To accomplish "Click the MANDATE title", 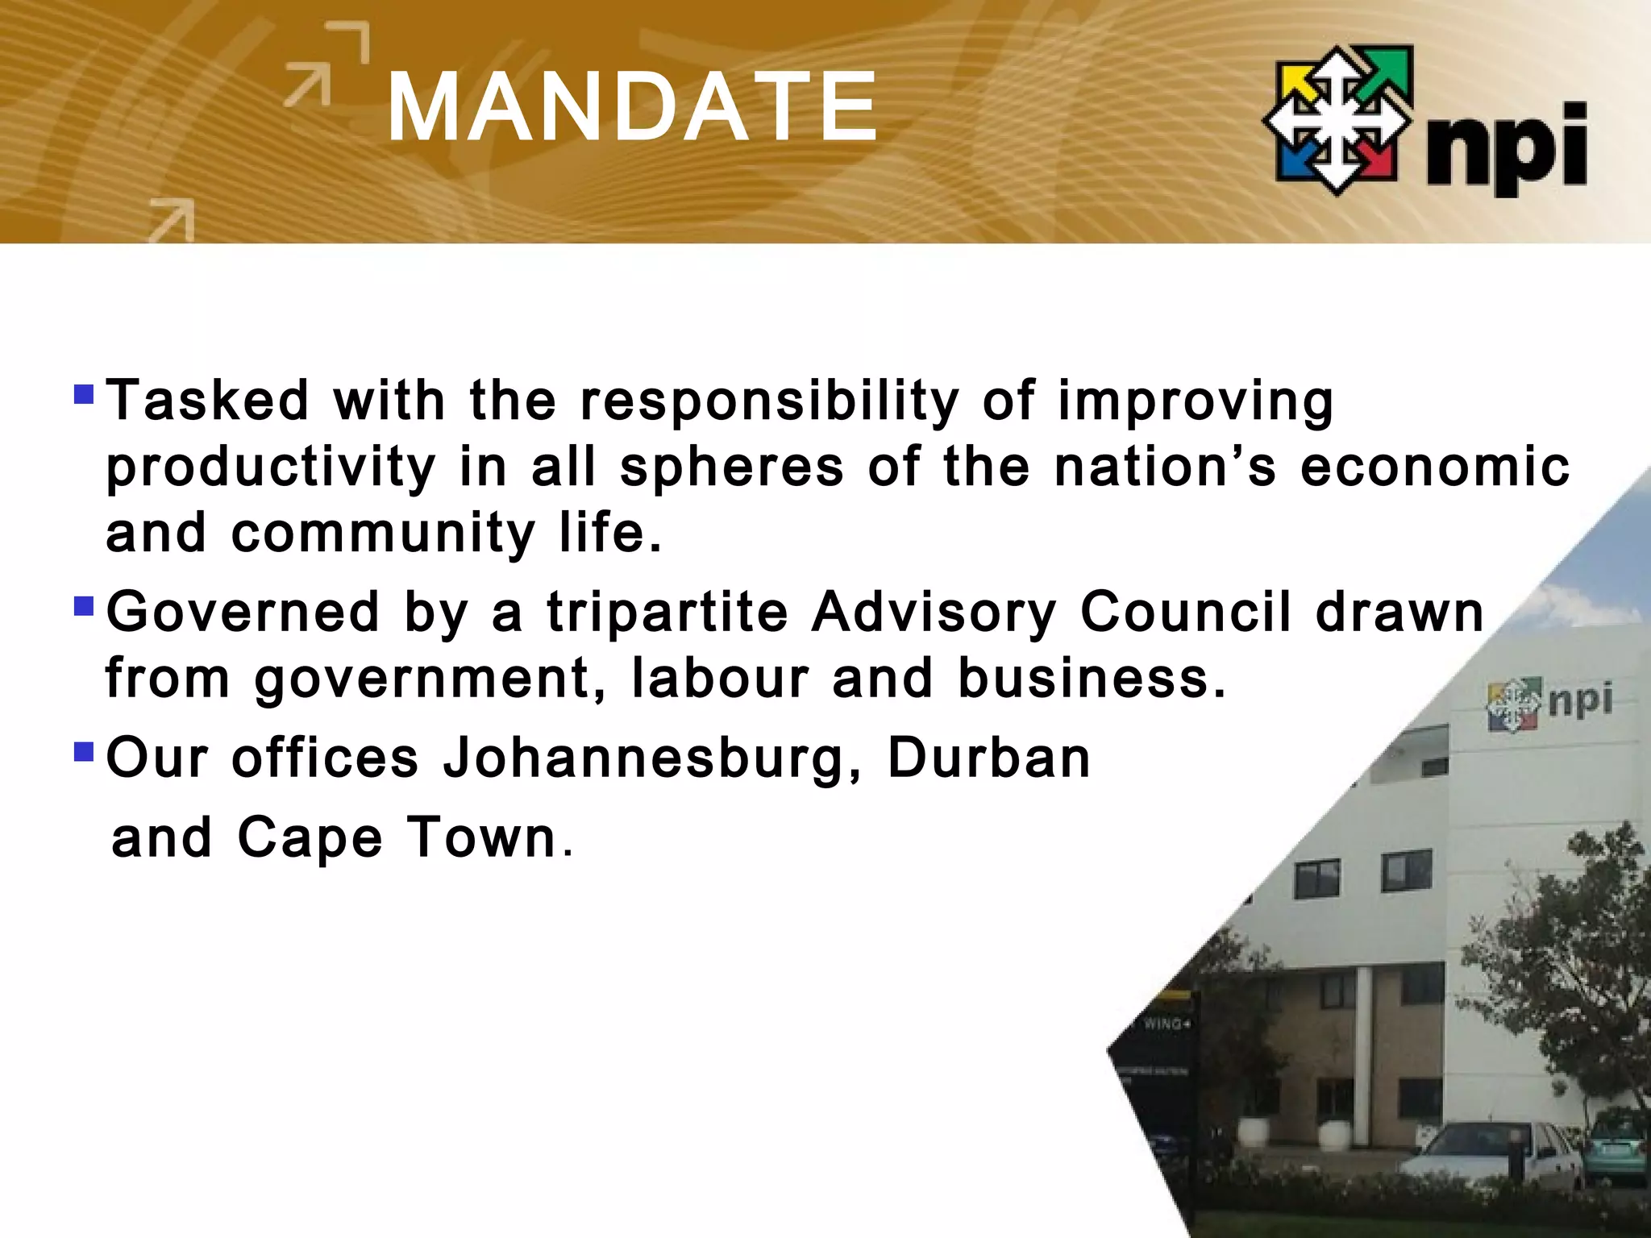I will [632, 108].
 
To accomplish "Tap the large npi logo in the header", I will [1424, 121].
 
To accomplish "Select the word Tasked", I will [208, 400].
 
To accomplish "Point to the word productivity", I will [271, 467].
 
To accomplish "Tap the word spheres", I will [731, 467].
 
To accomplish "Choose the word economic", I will [1435, 467].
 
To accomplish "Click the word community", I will [384, 533].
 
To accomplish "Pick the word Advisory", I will [934, 613].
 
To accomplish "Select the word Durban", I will [988, 758].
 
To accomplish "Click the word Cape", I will [310, 838].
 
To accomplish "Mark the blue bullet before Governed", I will [83, 605].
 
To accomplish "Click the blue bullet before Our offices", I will [83, 752].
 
